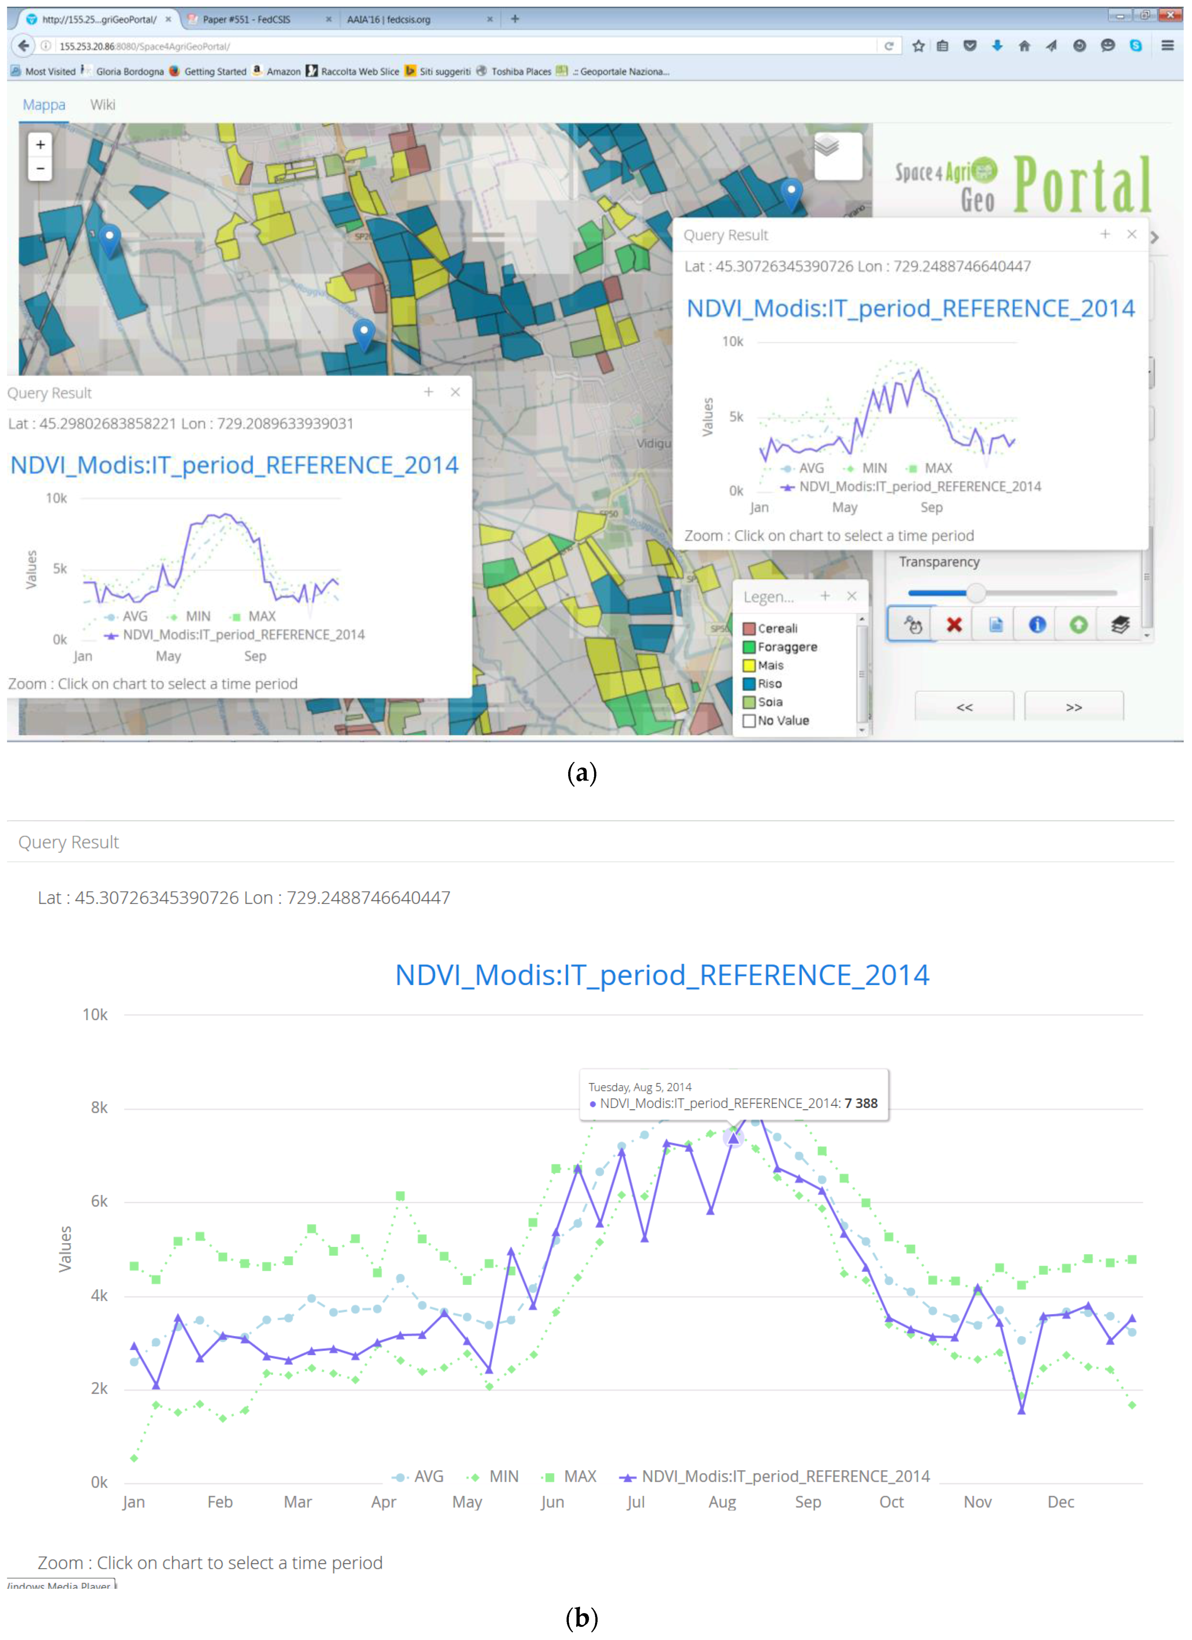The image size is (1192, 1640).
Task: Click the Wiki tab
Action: point(103,105)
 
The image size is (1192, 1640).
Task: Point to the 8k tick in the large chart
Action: point(99,1108)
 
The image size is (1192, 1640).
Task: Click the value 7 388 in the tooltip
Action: point(861,1104)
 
